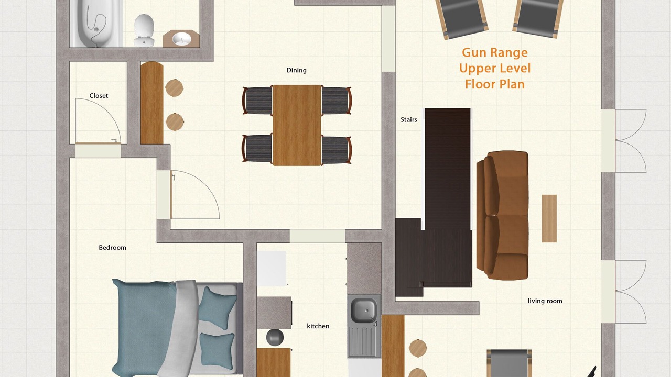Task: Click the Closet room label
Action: pyautogui.click(x=99, y=96)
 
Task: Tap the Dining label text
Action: pyautogui.click(x=296, y=70)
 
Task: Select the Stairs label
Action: pyautogui.click(x=408, y=120)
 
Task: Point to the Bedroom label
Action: pyautogui.click(x=112, y=248)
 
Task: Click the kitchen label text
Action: pyautogui.click(x=318, y=326)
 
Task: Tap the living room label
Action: pyautogui.click(x=545, y=301)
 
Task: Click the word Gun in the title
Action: pyautogui.click(x=473, y=52)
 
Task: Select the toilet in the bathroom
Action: pyautogui.click(x=144, y=30)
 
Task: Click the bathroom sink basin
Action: pyautogui.click(x=181, y=39)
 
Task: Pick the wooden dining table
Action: pyautogui.click(x=297, y=125)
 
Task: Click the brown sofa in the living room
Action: pyautogui.click(x=502, y=215)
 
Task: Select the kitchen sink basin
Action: pyautogui.click(x=363, y=311)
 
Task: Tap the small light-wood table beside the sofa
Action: pyautogui.click(x=549, y=218)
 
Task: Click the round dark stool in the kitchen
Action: pyautogui.click(x=275, y=337)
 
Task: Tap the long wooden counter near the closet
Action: pyautogui.click(x=152, y=103)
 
